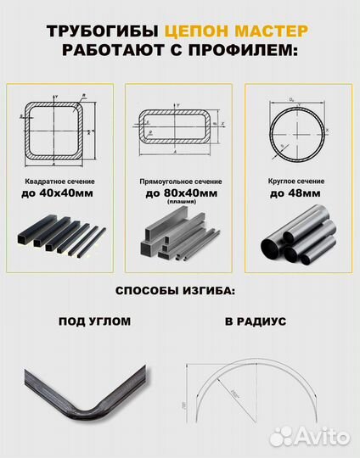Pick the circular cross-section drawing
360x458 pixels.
tap(296, 130)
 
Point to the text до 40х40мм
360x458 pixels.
tap(58, 193)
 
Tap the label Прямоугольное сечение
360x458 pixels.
tap(180, 182)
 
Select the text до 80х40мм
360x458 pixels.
tap(180, 193)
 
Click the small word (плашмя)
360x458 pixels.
tap(180, 202)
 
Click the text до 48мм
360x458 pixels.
tap(295, 193)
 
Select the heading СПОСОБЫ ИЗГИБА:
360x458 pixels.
tap(179, 291)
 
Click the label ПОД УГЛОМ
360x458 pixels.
tap(94, 322)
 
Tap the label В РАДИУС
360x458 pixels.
tap(256, 322)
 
